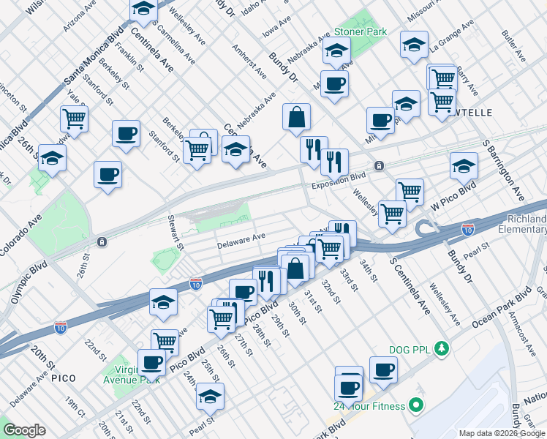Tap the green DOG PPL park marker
(441, 348)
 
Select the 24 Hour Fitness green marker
(416, 404)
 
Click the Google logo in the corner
(24, 430)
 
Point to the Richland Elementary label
(525, 225)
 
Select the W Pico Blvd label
(453, 198)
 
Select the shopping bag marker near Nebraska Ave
(297, 117)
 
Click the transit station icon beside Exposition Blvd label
(379, 166)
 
